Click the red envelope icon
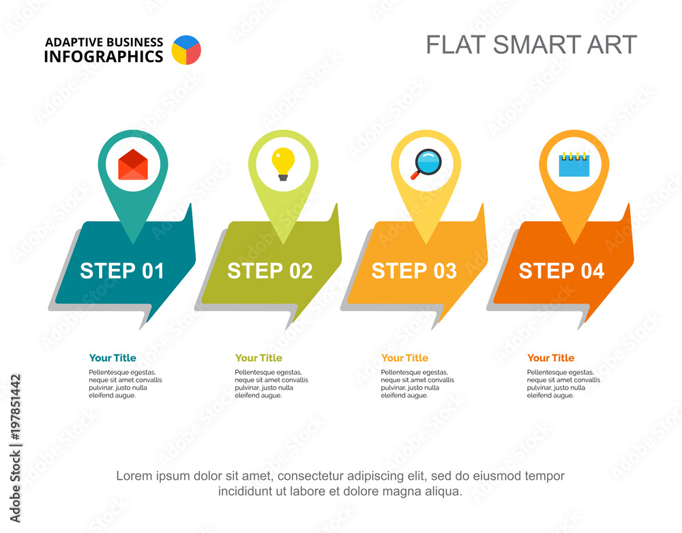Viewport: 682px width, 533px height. coord(133,164)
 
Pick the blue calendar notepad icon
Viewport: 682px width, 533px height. coord(574,164)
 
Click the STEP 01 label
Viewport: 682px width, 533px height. coord(122,271)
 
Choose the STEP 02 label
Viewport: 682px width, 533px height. coord(270,271)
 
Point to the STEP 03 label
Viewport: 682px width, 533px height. coord(414,271)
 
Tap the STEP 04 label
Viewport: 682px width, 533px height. coord(561,271)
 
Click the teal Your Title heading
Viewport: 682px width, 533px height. coord(113,358)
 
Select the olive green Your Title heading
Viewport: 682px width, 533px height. coord(258,358)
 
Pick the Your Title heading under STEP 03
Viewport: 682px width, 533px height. coord(405,358)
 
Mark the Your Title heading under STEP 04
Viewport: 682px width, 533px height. coord(551,358)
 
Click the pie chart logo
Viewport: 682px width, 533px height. coord(186,50)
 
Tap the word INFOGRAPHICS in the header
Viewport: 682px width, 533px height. coord(104,57)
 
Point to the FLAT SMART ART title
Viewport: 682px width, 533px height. coord(531,44)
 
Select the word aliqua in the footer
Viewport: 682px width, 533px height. coord(443,491)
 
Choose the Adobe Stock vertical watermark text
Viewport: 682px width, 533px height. coord(15,447)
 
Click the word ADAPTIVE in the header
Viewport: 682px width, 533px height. coord(73,42)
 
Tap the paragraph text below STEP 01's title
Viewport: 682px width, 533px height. coord(125,384)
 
